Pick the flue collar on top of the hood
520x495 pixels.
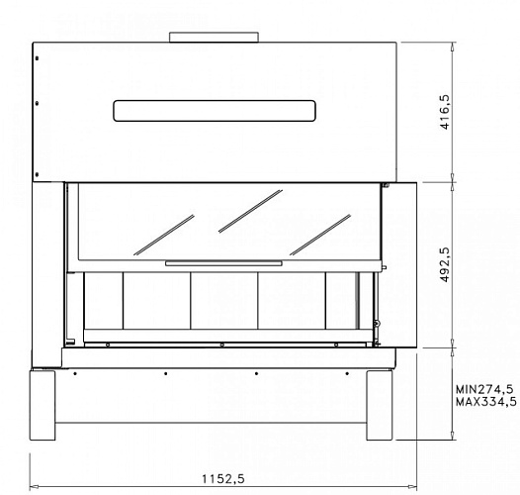216,38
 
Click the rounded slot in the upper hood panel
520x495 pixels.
215,110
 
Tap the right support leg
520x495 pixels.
381,405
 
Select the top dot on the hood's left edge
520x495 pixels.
37,59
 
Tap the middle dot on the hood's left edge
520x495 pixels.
37,101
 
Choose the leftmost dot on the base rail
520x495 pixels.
75,374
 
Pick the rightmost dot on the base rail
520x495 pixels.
347,374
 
